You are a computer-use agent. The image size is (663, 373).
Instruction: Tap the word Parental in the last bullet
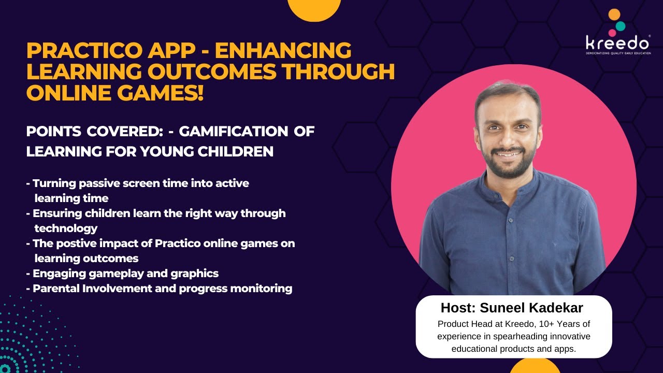tap(56, 288)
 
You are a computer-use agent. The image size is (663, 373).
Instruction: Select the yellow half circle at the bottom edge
tap(535, 366)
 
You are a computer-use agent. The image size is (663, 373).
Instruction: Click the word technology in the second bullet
tap(66, 228)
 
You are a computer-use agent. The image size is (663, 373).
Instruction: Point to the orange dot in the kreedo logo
tap(614, 15)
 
